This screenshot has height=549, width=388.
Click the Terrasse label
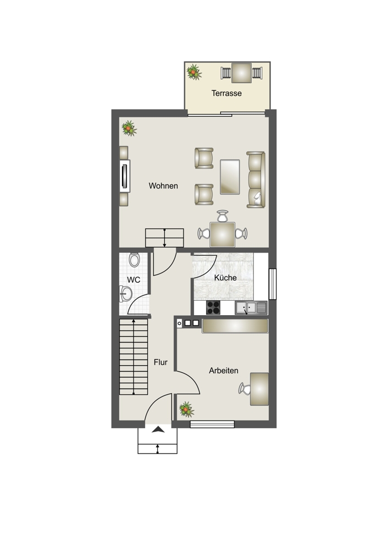point(226,93)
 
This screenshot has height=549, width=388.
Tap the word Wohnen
point(163,186)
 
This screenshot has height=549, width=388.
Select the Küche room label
point(225,278)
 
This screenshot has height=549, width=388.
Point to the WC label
point(134,280)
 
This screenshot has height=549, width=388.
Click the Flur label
point(160,362)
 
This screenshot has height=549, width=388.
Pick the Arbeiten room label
point(224,371)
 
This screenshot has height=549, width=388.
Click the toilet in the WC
point(134,260)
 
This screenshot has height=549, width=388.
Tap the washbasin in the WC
point(125,294)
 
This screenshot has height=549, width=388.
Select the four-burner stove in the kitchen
point(213,308)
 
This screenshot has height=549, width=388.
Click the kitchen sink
point(251,308)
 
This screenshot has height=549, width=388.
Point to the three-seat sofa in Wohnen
point(256,180)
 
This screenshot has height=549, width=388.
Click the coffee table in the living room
point(230,177)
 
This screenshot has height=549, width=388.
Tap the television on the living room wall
point(125,176)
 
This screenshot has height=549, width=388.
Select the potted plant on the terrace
point(193,72)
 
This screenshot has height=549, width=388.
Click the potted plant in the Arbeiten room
point(186,410)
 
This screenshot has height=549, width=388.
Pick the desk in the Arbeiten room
point(259,389)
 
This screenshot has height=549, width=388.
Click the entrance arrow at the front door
point(158,430)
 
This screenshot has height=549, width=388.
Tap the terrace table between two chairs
point(241,73)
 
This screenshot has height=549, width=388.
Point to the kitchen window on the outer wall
point(273,284)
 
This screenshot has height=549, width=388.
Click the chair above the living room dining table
point(223,216)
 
